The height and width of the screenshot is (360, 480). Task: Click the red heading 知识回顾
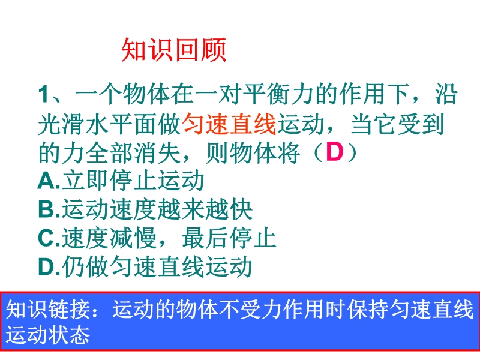click(x=173, y=50)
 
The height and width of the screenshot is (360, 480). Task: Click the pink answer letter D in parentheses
click(x=334, y=152)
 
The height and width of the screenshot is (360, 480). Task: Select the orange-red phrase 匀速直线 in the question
click(x=230, y=124)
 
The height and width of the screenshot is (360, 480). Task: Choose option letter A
click(x=47, y=181)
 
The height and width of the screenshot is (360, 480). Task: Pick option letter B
click(x=47, y=209)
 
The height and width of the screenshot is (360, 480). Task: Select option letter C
click(x=47, y=238)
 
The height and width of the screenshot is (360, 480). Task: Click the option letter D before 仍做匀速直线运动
click(x=47, y=266)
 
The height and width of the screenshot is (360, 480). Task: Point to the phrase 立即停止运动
click(x=133, y=181)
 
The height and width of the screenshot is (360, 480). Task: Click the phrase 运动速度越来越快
click(x=157, y=209)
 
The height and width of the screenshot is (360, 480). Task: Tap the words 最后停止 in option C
click(x=229, y=238)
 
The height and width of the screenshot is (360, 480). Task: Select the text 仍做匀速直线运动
click(x=157, y=266)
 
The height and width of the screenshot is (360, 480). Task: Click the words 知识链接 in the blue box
click(x=49, y=310)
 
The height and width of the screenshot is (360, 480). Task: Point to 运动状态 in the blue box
click(x=48, y=334)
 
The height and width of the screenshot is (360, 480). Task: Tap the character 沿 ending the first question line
click(x=446, y=94)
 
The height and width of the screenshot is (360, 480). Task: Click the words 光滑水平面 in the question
click(x=98, y=124)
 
